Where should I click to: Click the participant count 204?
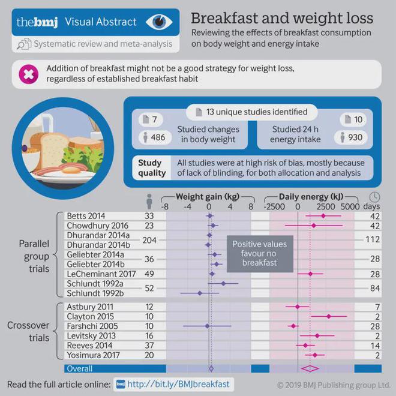click(x=150, y=239)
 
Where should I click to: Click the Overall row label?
click(x=79, y=368)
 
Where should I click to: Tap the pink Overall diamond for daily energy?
click(x=310, y=368)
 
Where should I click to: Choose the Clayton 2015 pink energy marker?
click(x=328, y=316)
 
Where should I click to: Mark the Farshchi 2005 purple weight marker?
click(x=207, y=326)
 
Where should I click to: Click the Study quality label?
click(x=151, y=167)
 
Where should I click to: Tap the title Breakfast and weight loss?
click(x=281, y=17)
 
